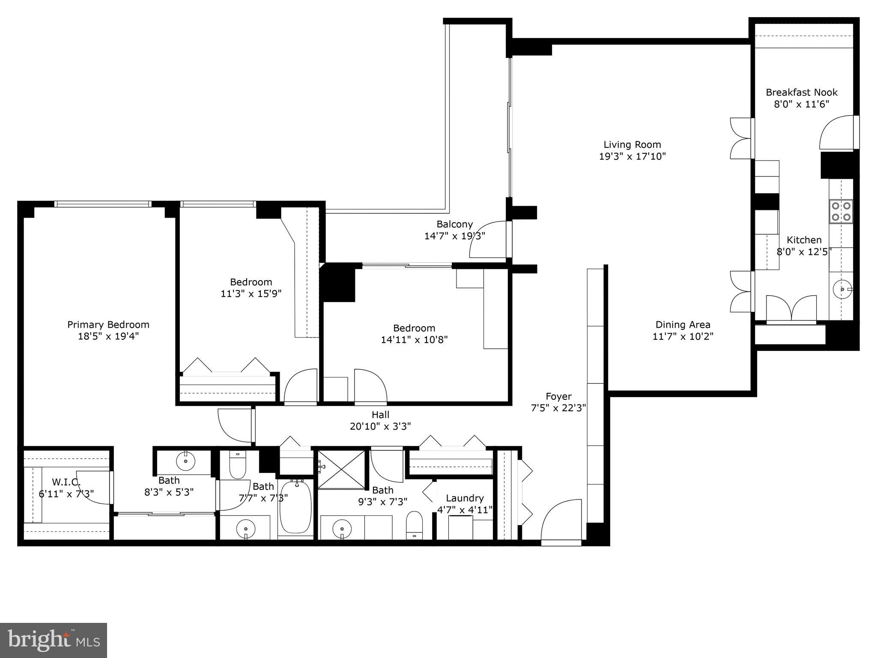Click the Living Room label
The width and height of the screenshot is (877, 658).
pos(632,145)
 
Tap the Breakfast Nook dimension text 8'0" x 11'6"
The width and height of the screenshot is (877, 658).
pos(801,104)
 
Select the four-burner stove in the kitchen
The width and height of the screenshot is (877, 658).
pos(841,211)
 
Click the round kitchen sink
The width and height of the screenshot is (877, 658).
pos(842,289)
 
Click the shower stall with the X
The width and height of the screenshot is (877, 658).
pos(341,469)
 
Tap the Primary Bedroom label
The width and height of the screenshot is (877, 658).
pos(108,325)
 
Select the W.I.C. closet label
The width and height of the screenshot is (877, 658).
pos(66,482)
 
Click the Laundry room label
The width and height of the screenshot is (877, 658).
pos(465,498)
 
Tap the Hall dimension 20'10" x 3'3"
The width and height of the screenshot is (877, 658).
pos(380,426)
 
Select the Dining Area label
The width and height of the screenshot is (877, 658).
pos(683,325)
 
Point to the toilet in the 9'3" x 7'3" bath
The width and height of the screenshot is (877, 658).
pos(414,524)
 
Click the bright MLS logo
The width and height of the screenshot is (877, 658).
pos(54,640)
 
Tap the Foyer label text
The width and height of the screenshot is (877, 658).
pos(558,396)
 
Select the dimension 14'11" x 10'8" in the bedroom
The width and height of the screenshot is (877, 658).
pos(414,340)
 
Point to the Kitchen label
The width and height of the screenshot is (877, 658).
pos(804,240)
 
